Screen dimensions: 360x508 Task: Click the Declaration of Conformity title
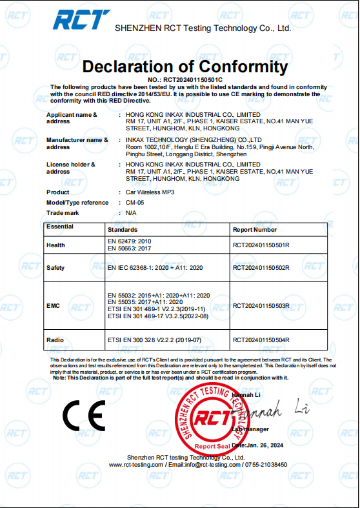click(185, 66)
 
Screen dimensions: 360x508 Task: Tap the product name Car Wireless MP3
click(150, 192)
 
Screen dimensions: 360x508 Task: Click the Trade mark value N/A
click(131, 212)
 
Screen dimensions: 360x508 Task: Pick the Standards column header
click(123, 230)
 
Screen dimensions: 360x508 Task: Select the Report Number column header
click(255, 230)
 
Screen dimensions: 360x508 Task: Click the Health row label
click(56, 245)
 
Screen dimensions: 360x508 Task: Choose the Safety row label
click(55, 268)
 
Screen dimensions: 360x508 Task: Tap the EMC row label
click(53, 306)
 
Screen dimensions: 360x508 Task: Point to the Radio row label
click(55, 340)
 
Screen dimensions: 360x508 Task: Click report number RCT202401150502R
click(261, 268)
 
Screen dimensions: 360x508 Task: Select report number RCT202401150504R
click(261, 340)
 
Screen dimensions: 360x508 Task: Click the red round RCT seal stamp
click(213, 420)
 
